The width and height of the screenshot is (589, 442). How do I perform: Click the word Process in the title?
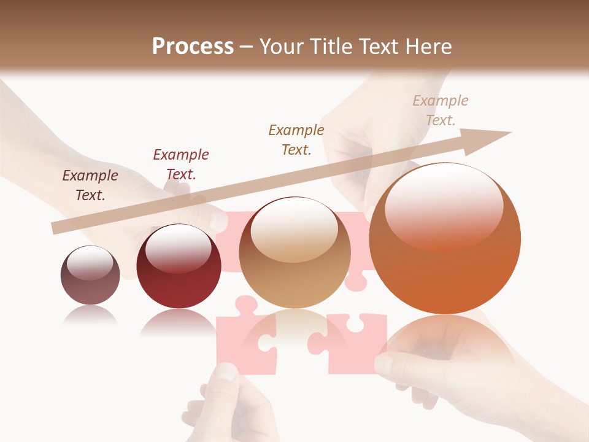click(x=193, y=47)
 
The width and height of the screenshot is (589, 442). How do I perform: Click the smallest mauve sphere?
click(x=90, y=275)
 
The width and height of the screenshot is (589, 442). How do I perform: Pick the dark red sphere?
click(x=179, y=266)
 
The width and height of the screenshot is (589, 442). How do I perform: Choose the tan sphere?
click(x=294, y=253)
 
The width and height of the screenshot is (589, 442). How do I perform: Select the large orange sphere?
click(x=445, y=239)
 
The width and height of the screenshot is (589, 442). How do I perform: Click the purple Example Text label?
click(x=90, y=185)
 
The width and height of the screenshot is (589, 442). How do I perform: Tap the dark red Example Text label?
click(x=180, y=165)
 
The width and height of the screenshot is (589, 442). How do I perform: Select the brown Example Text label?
click(x=296, y=140)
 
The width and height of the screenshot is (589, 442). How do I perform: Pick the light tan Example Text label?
click(x=441, y=110)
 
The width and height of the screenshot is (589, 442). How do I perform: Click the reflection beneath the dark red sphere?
click(x=179, y=322)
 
